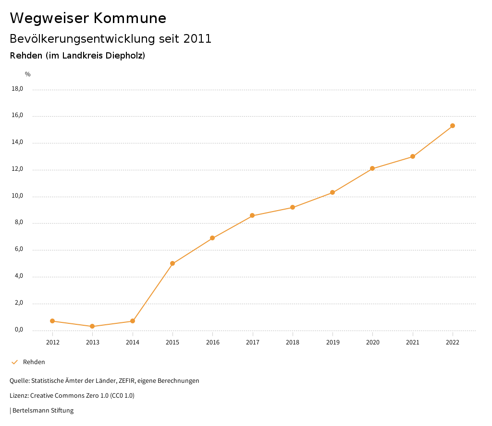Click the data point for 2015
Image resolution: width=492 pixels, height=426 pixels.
click(172, 263)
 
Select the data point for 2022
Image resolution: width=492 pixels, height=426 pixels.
click(453, 126)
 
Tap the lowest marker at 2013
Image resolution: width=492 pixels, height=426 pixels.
click(92, 326)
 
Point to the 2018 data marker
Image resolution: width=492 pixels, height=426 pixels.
click(293, 207)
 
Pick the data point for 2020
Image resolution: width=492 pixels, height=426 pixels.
click(372, 168)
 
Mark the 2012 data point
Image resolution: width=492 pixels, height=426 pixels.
click(52, 321)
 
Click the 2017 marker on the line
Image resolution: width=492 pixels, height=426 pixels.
click(252, 215)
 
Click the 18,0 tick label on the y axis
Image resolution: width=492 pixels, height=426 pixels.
click(17, 89)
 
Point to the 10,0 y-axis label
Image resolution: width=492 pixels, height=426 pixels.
click(17, 196)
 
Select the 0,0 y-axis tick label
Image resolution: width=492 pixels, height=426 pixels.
click(19, 330)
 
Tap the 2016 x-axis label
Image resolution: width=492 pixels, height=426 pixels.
click(212, 342)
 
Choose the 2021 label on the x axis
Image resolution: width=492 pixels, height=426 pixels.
click(412, 342)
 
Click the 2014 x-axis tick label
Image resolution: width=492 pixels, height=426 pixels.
click(133, 342)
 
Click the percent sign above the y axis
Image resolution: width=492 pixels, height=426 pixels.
click(28, 74)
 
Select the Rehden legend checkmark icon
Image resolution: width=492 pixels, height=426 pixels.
click(14, 362)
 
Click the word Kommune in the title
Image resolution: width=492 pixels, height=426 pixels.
click(130, 18)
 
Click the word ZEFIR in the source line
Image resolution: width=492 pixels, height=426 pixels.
click(127, 381)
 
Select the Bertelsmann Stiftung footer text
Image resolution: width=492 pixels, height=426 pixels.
click(43, 411)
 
